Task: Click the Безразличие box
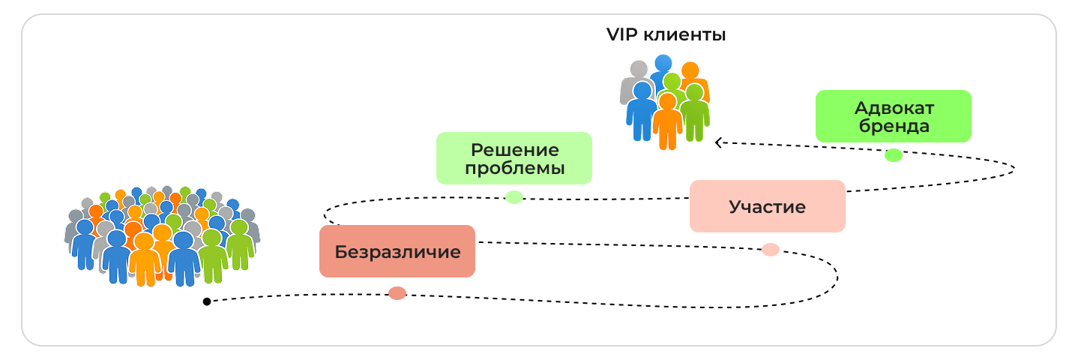point(397,251)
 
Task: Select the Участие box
point(767,206)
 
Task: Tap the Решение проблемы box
point(514,158)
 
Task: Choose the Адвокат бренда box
point(893,116)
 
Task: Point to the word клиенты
point(683,34)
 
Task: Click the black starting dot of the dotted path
point(206,301)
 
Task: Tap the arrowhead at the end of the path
point(718,142)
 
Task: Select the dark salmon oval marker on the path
point(397,293)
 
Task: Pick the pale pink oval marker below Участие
point(771,250)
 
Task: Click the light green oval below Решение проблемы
point(514,197)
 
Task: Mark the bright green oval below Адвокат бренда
point(893,155)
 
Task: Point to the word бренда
point(893,126)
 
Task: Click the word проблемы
point(514,168)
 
